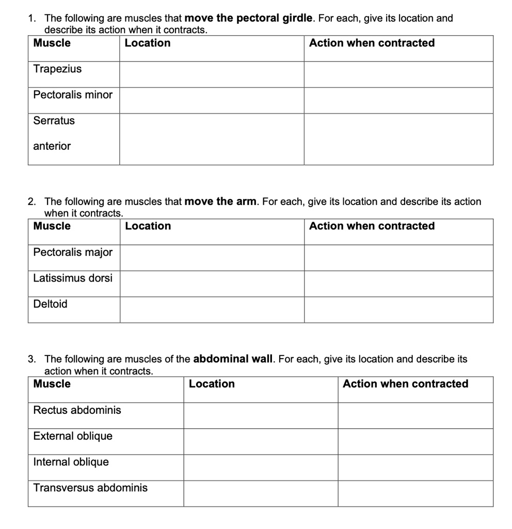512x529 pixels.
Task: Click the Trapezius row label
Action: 57,69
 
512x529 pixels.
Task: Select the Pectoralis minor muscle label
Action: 73,95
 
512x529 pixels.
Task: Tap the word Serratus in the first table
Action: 54,120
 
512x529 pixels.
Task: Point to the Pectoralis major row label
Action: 73,252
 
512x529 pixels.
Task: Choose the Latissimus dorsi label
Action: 73,278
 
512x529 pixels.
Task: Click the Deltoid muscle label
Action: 50,304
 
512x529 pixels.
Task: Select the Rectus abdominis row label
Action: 77,410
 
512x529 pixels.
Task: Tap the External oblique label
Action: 73,436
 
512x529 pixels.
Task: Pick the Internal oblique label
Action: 71,462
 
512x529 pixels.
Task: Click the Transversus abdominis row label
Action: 90,488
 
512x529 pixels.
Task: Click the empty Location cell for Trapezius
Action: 212,74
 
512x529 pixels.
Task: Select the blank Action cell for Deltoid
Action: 398,309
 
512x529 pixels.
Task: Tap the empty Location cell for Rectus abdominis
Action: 261,415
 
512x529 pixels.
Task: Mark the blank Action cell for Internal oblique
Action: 415,468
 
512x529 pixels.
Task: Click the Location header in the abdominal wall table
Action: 212,384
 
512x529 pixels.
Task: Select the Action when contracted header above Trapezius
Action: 372,43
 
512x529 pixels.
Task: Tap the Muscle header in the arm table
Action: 52,226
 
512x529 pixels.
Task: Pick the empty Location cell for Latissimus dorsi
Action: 212,284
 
